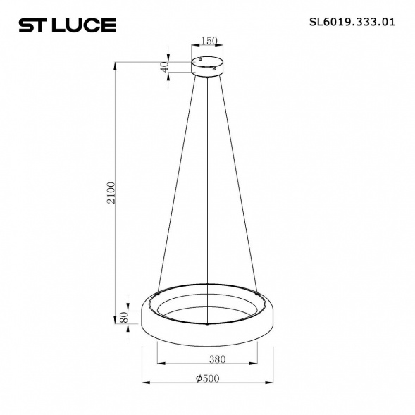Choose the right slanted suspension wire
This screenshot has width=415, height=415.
tap(238, 183)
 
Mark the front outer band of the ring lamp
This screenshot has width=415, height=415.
tap(208, 335)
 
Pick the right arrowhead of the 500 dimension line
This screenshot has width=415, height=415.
tap(271, 384)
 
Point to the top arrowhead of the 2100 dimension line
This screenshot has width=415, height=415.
tap(116, 64)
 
